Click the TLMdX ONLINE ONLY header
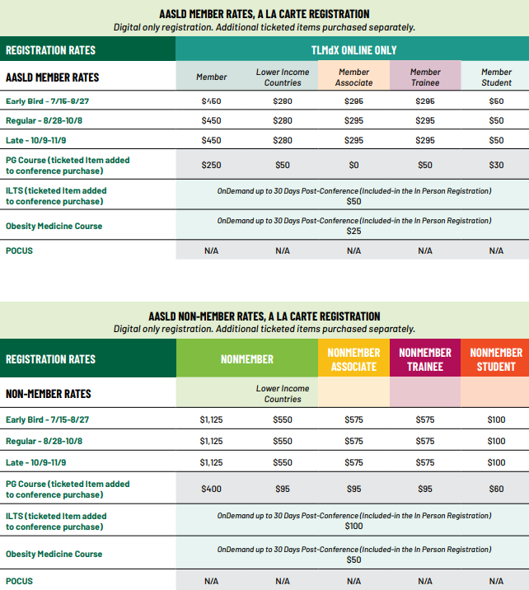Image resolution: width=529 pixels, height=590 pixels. tap(353, 49)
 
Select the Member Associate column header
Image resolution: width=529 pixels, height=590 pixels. tap(353, 77)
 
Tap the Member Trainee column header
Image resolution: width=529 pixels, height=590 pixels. tap(425, 77)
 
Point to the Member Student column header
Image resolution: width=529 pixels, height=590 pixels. tap(496, 77)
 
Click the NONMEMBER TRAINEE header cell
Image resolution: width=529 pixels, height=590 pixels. tap(425, 359)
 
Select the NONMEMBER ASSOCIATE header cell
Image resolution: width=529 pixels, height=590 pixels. tap(353, 359)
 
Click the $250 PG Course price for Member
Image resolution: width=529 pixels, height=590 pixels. tap(211, 165)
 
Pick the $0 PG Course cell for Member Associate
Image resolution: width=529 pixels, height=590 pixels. tap(353, 165)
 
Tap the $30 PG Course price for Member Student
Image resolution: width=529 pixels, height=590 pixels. tap(496, 165)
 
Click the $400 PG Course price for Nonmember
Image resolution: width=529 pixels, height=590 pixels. tap(211, 489)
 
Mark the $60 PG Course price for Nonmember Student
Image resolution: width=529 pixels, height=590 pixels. tap(496, 489)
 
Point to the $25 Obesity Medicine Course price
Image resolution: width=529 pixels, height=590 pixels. tap(353, 231)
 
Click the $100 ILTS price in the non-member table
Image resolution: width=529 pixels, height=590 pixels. tap(353, 526)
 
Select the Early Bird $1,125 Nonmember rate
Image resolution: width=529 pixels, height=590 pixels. tap(211, 419)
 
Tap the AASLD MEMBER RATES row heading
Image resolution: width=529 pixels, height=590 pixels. tap(53, 77)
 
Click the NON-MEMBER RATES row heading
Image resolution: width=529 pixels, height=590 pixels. tap(49, 393)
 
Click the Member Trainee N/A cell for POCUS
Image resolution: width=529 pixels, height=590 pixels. tap(425, 251)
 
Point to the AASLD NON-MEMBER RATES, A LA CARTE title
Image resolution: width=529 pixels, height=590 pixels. tap(264, 316)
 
